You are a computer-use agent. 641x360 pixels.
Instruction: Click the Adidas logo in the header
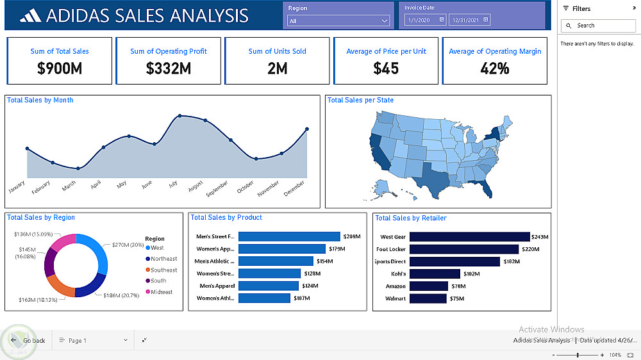click(x=30, y=15)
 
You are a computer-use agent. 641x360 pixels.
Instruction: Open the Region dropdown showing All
click(x=338, y=21)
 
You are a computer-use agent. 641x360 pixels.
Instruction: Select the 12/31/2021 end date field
click(x=469, y=20)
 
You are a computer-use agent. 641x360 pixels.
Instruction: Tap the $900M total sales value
click(x=60, y=68)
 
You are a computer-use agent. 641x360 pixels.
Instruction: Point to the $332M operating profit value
click(x=169, y=68)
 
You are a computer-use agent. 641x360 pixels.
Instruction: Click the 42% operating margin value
click(x=495, y=68)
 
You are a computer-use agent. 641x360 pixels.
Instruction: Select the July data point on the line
click(x=180, y=116)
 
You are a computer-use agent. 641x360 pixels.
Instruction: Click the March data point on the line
click(x=78, y=168)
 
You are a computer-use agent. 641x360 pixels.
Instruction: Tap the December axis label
click(x=294, y=187)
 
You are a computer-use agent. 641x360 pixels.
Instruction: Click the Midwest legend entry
click(x=162, y=292)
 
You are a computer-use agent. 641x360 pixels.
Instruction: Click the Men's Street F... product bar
click(x=289, y=237)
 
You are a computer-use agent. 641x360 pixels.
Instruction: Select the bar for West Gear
click(x=469, y=237)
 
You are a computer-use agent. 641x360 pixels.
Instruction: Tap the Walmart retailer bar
click(x=428, y=299)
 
